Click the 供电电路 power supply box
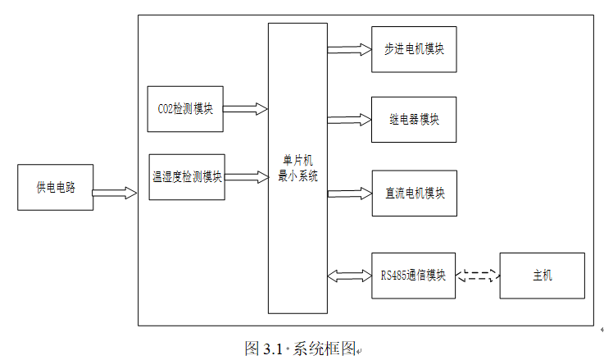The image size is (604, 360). pos(55,188)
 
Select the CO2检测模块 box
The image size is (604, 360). pos(184,108)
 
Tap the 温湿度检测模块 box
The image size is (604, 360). pos(187,176)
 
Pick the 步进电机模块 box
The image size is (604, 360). pos(414,49)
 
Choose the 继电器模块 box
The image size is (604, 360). pos(414,120)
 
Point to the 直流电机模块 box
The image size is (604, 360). pos(414,194)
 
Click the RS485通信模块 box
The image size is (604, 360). pos(413,276)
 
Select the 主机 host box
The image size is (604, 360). pos(542,276)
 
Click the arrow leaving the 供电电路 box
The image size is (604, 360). pos(115,194)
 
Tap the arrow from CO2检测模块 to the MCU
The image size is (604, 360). pos(245,108)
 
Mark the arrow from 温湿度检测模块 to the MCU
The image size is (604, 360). pos(246,176)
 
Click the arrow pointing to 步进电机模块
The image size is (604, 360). pos(348,49)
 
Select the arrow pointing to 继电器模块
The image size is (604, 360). pos(348,121)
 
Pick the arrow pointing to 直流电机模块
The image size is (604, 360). pos(348,194)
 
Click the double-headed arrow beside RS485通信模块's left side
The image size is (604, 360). pos(348,275)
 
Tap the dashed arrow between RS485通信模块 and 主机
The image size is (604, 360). pos(478,276)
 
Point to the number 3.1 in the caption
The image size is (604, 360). pos(272,348)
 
